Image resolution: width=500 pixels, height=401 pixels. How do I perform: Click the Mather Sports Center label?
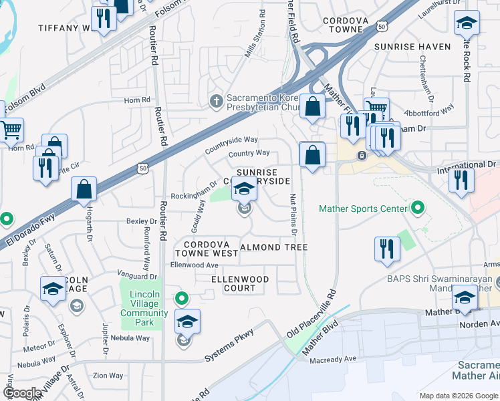pyautogui.click(x=363, y=209)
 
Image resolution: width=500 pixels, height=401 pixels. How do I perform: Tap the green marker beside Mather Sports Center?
pyautogui.click(x=418, y=209)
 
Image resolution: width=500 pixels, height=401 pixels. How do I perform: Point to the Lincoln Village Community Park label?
pyautogui.click(x=144, y=309)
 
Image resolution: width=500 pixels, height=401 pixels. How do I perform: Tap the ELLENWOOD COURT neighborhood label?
pyautogui.click(x=240, y=283)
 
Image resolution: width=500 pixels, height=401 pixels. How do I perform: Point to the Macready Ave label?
pyautogui.click(x=333, y=360)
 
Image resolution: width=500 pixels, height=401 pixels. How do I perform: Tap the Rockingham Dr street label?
pyautogui.click(x=194, y=190)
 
